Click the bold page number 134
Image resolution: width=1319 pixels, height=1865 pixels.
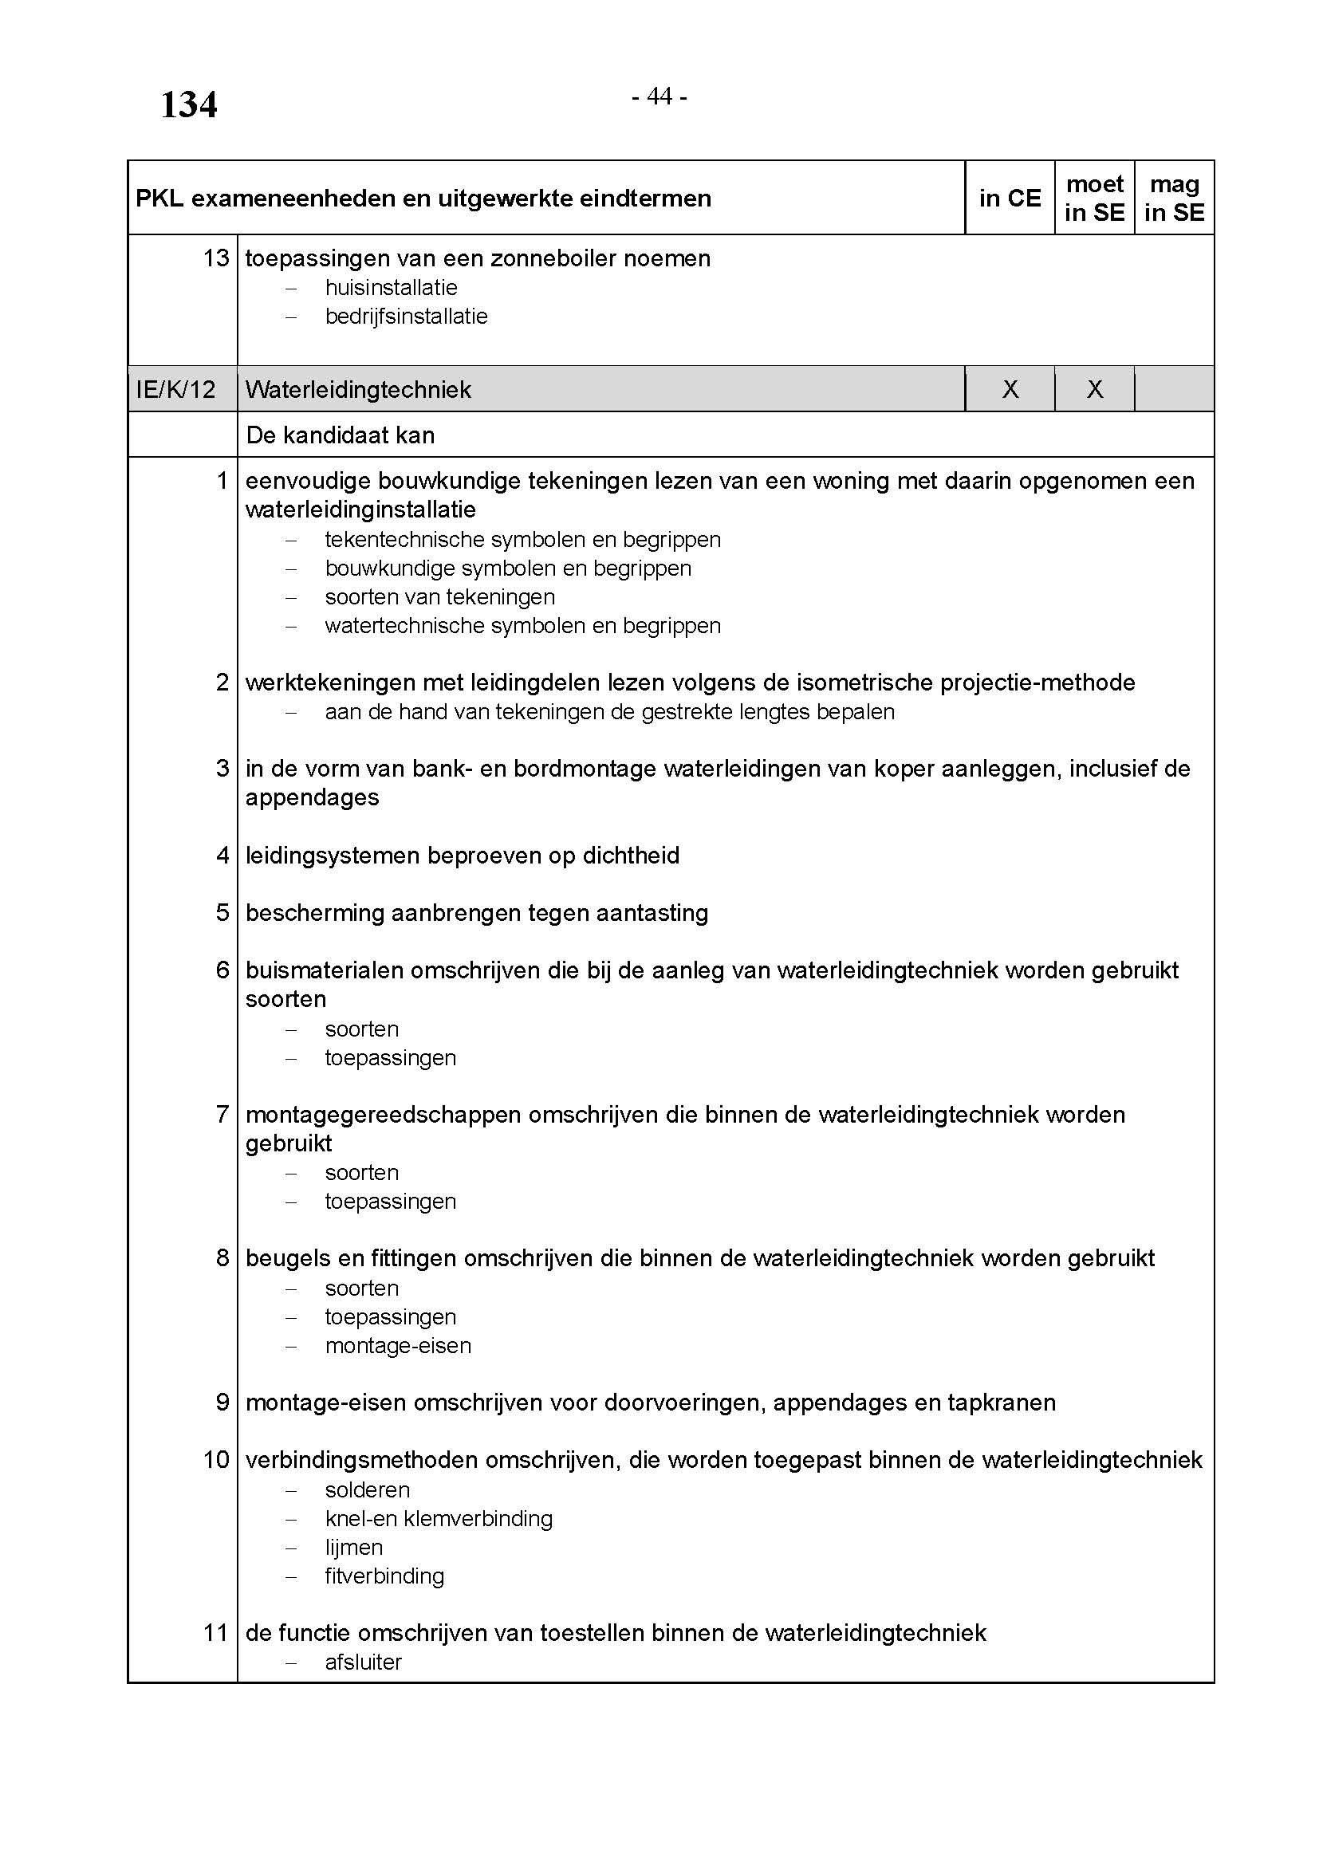[x=188, y=104]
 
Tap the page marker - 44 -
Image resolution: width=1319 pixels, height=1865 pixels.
[x=659, y=96]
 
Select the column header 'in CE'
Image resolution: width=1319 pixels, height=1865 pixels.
[x=1010, y=199]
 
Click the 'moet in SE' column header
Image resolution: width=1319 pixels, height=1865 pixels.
[x=1094, y=199]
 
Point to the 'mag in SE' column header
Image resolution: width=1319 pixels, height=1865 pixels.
[x=1174, y=199]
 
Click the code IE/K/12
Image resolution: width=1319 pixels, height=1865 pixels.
[x=175, y=390]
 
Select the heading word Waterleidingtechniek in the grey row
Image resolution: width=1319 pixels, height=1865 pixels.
[x=358, y=390]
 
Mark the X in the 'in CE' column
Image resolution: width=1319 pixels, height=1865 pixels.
[x=1010, y=390]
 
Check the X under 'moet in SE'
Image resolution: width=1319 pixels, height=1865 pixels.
[x=1094, y=390]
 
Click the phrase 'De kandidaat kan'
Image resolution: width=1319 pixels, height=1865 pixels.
[x=341, y=435]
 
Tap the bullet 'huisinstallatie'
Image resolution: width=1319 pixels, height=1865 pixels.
[x=391, y=288]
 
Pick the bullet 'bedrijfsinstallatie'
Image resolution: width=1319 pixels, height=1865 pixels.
[x=406, y=316]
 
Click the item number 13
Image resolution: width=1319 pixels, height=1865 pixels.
[x=216, y=258]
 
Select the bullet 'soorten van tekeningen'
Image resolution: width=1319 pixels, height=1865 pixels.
[x=439, y=597]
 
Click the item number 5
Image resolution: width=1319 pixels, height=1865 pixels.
[x=222, y=913]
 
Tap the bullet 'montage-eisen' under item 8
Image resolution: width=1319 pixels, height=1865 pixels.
[x=398, y=1346]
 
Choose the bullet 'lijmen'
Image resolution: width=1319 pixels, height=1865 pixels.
[x=353, y=1548]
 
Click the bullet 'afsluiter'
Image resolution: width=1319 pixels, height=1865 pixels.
[x=363, y=1662]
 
